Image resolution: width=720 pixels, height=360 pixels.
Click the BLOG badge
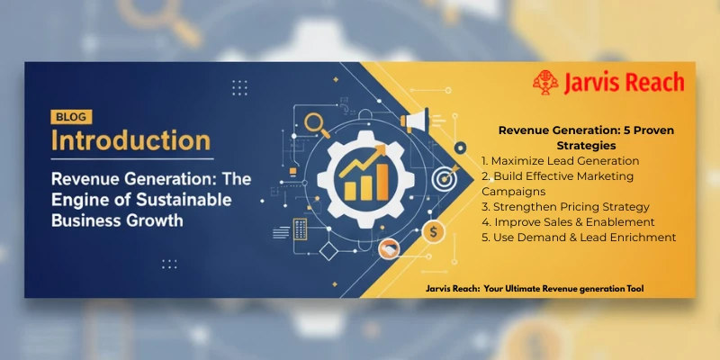click(68, 116)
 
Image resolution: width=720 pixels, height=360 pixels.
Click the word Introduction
click(131, 141)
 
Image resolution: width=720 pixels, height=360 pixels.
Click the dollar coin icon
click(435, 231)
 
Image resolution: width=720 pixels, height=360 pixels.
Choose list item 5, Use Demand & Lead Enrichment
click(579, 237)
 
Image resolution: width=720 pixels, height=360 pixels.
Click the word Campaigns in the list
click(515, 191)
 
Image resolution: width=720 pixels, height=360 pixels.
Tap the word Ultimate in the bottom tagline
click(541, 288)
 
